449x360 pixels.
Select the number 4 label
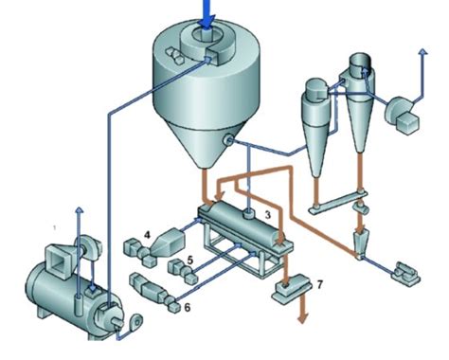coord(148,231)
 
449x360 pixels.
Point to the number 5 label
coord(190,258)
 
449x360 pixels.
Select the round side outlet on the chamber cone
coord(228,141)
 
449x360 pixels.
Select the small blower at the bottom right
coord(405,275)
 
